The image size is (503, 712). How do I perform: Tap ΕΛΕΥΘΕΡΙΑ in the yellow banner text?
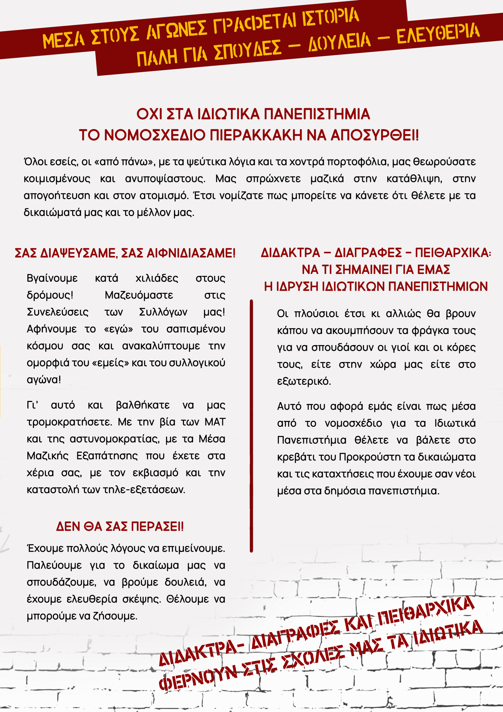tap(438, 33)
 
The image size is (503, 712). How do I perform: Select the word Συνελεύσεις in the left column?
tap(58, 312)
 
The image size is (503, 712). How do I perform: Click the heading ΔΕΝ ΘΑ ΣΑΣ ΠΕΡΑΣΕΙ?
tap(120, 526)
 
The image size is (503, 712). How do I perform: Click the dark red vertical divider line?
tap(251, 425)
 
